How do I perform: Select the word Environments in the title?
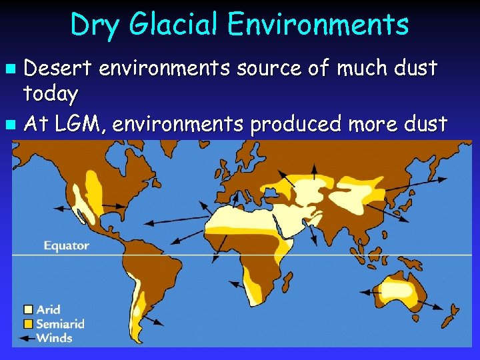[317, 25]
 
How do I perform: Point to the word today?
[51, 94]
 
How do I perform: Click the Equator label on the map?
[66, 246]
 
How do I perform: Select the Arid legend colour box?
[28, 309]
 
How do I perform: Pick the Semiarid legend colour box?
[28, 323]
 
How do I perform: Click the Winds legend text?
[55, 337]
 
